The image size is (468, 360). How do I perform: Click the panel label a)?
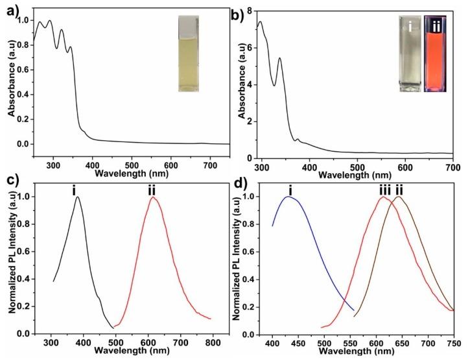[9, 9]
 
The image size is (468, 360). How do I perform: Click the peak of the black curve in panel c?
[78, 198]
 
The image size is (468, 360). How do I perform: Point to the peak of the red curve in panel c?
[153, 198]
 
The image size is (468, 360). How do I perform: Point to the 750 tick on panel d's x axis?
[453, 341]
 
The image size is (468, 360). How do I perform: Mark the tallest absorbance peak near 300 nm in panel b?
[261, 22]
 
